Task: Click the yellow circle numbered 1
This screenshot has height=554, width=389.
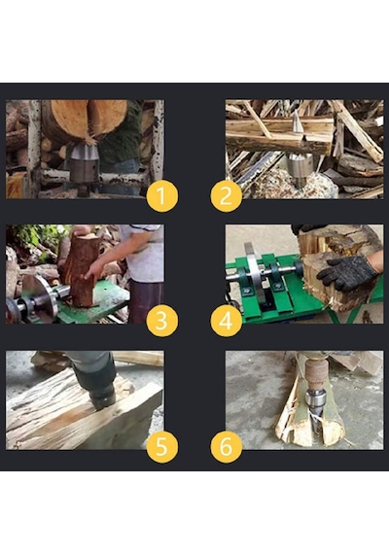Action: point(162,196)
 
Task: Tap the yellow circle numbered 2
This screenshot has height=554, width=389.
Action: point(227,196)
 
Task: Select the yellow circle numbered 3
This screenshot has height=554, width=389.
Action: point(162,321)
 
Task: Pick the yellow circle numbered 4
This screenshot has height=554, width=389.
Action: point(227,321)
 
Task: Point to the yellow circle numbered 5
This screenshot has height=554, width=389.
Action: point(162,447)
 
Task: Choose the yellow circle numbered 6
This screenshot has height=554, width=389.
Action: point(227,447)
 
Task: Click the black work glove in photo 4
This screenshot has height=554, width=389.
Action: point(349,273)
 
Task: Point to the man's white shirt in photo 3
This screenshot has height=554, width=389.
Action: point(144,253)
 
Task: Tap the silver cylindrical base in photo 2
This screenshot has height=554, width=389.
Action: point(300,168)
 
